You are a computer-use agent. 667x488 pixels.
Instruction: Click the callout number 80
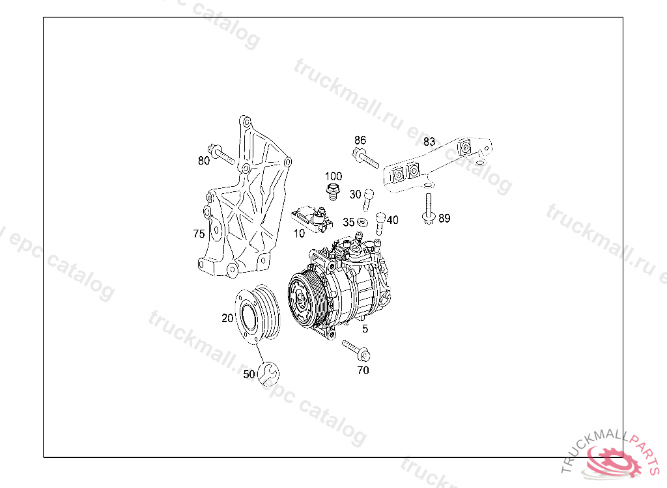[204, 161]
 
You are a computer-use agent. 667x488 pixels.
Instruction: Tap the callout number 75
[199, 234]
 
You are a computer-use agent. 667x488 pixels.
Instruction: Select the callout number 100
[333, 176]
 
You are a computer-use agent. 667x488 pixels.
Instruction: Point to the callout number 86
[360, 140]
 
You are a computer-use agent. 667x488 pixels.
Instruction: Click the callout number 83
[429, 141]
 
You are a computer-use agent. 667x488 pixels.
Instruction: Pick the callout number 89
[444, 219]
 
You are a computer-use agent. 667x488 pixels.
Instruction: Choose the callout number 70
[363, 370]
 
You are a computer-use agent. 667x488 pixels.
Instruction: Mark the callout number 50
[249, 374]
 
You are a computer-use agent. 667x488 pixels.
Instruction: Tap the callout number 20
[227, 318]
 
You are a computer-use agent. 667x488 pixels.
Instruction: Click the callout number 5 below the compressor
[365, 329]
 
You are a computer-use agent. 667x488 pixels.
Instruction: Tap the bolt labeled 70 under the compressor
[355, 351]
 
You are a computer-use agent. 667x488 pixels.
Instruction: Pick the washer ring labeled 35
[363, 223]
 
